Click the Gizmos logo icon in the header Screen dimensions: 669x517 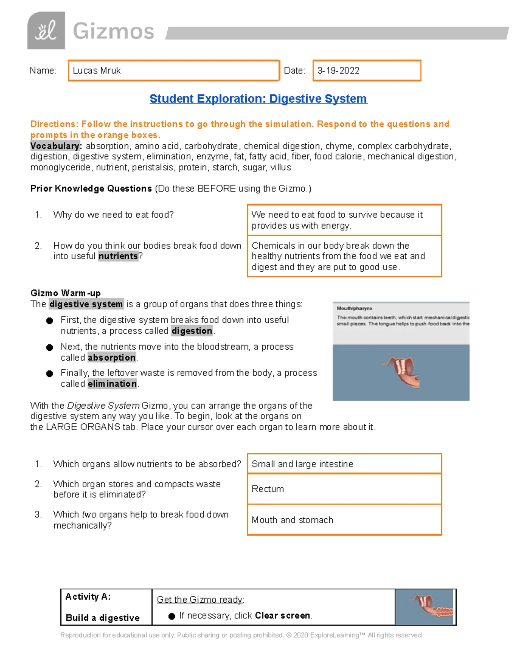coord(46,31)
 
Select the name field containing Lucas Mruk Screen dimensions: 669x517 coord(174,71)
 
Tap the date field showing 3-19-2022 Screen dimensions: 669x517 coord(366,71)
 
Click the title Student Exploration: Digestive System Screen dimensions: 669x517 coord(258,99)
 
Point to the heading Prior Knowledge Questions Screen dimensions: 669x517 coord(91,189)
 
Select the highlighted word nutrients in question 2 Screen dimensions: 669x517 coord(118,256)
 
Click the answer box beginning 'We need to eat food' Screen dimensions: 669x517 coord(344,220)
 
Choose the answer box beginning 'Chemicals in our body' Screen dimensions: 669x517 coord(344,256)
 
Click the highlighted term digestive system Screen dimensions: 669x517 coord(86,304)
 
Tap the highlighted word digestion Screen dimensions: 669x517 coord(192,331)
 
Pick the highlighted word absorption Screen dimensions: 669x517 coord(112,358)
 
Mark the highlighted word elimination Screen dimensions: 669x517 coord(112,384)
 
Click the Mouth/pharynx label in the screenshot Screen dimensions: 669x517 coord(355,308)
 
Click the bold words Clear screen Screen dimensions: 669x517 coord(282,616)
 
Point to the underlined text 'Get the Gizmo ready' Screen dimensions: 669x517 coord(200,599)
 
